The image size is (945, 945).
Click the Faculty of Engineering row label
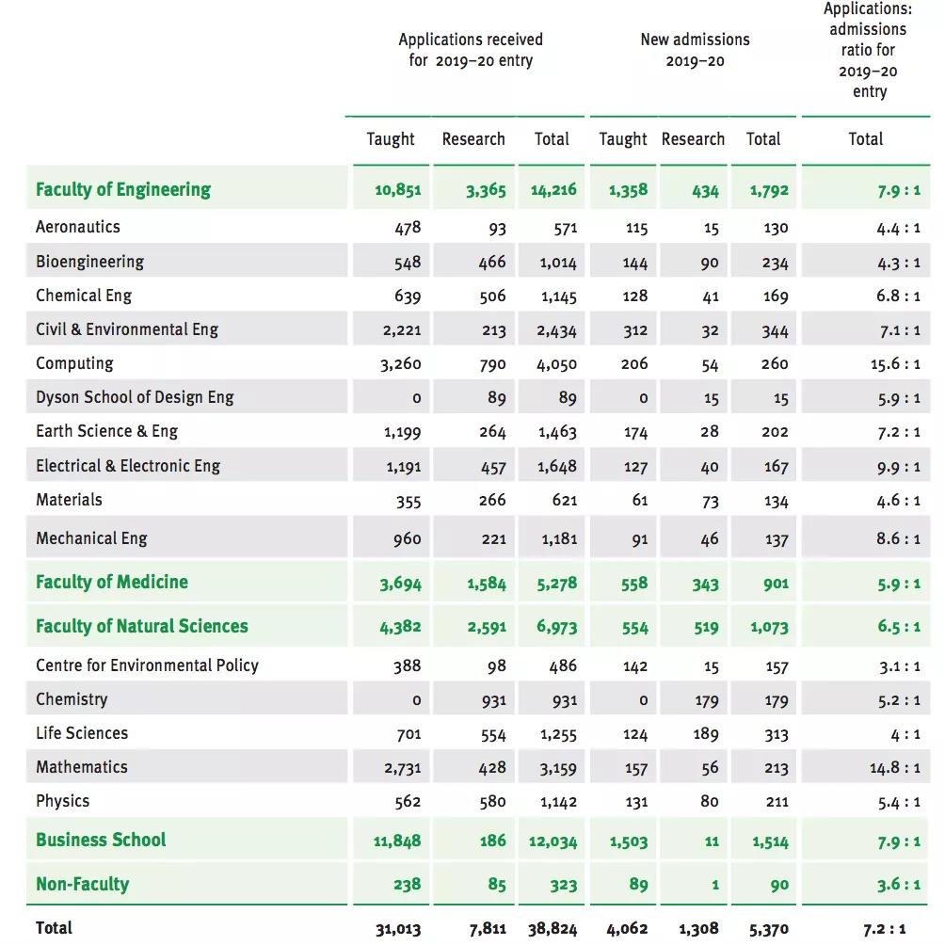[123, 190]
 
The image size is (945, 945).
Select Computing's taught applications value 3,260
[401, 364]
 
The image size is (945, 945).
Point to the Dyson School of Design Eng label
[135, 397]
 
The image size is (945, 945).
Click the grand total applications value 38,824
[553, 929]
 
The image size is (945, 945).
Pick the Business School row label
[101, 841]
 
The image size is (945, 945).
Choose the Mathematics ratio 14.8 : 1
[894, 768]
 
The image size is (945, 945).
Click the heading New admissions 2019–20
[695, 50]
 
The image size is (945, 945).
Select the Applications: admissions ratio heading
[868, 50]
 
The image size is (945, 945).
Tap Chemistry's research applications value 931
[492, 700]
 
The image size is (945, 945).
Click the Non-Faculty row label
[83, 885]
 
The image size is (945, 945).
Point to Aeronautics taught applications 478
[408, 228]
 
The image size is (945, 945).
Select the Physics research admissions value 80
[709, 802]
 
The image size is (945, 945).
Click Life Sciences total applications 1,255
[558, 734]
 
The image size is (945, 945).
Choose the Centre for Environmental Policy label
[147, 665]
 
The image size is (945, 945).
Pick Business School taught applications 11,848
[397, 841]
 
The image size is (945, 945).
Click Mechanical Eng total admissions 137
[776, 540]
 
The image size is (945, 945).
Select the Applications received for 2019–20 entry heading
[471, 50]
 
